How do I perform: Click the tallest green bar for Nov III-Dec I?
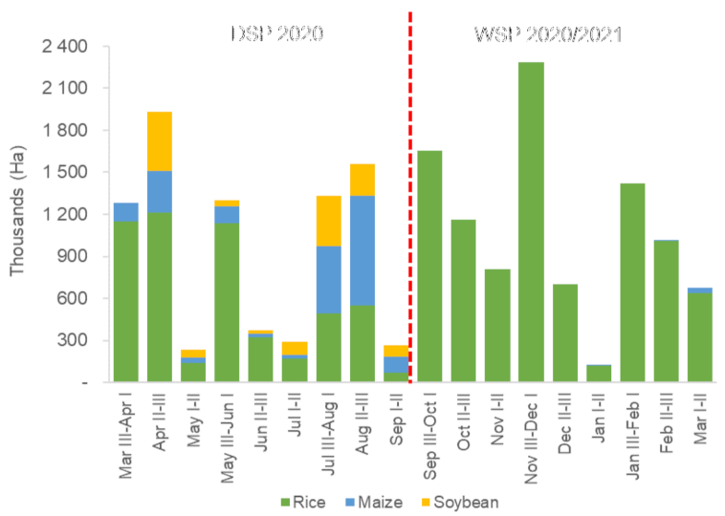(532, 222)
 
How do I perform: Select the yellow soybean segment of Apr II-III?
(160, 141)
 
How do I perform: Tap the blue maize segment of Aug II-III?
(362, 250)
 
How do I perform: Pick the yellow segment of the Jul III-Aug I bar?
(329, 221)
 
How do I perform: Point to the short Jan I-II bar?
(600, 374)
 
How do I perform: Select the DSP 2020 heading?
(277, 33)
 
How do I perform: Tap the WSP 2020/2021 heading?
(550, 35)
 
